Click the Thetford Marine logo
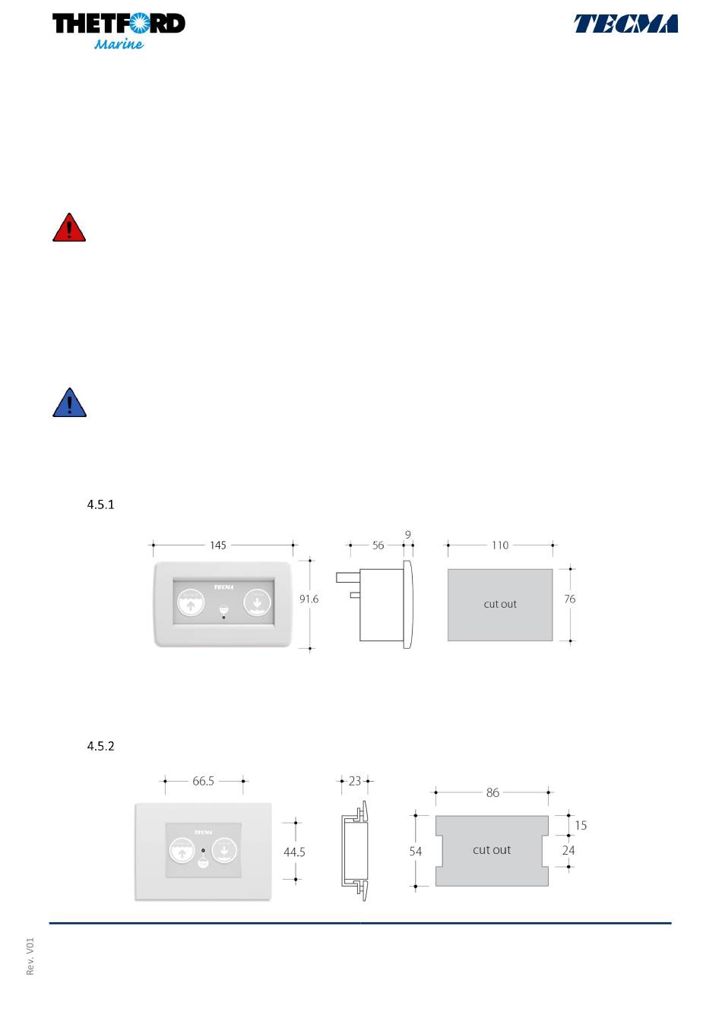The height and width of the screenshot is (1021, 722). [119, 31]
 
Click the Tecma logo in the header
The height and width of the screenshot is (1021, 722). [625, 24]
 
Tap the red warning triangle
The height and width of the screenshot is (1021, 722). [69, 227]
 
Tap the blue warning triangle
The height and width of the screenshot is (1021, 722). [69, 403]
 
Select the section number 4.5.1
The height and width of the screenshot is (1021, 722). [100, 504]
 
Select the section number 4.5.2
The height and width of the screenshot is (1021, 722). [100, 746]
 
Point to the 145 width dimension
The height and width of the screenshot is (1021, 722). [218, 545]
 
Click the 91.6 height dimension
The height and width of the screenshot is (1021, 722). [309, 599]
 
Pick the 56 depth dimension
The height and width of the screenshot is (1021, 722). [378, 545]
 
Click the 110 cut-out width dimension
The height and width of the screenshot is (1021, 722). [500, 545]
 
